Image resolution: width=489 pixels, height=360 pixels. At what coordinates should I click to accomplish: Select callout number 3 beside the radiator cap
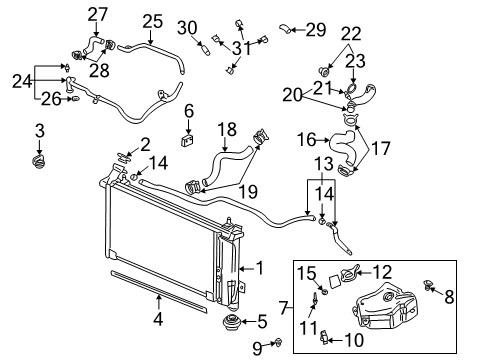click(40, 130)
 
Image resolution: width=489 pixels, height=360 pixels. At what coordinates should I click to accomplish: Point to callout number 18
click(227, 129)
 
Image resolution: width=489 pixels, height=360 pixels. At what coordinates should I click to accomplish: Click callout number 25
click(151, 20)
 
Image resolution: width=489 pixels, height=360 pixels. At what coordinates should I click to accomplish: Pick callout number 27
click(97, 13)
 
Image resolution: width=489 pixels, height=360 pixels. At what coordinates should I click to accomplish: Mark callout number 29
click(315, 29)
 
